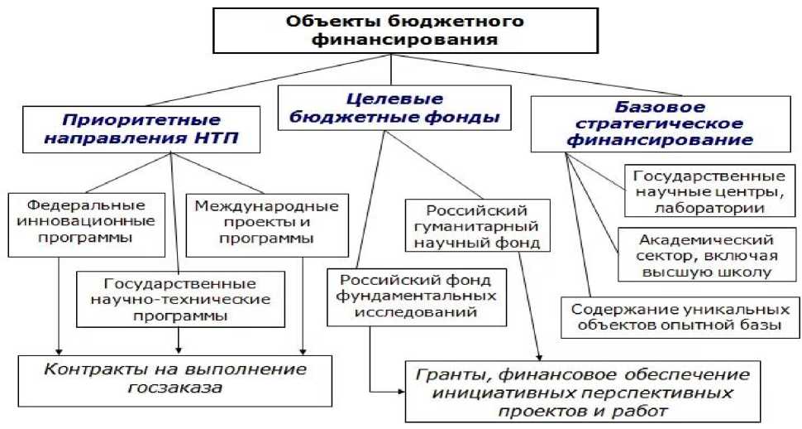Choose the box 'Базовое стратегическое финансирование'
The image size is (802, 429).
tap(661, 124)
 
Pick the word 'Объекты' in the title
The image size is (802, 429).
tap(320, 20)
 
